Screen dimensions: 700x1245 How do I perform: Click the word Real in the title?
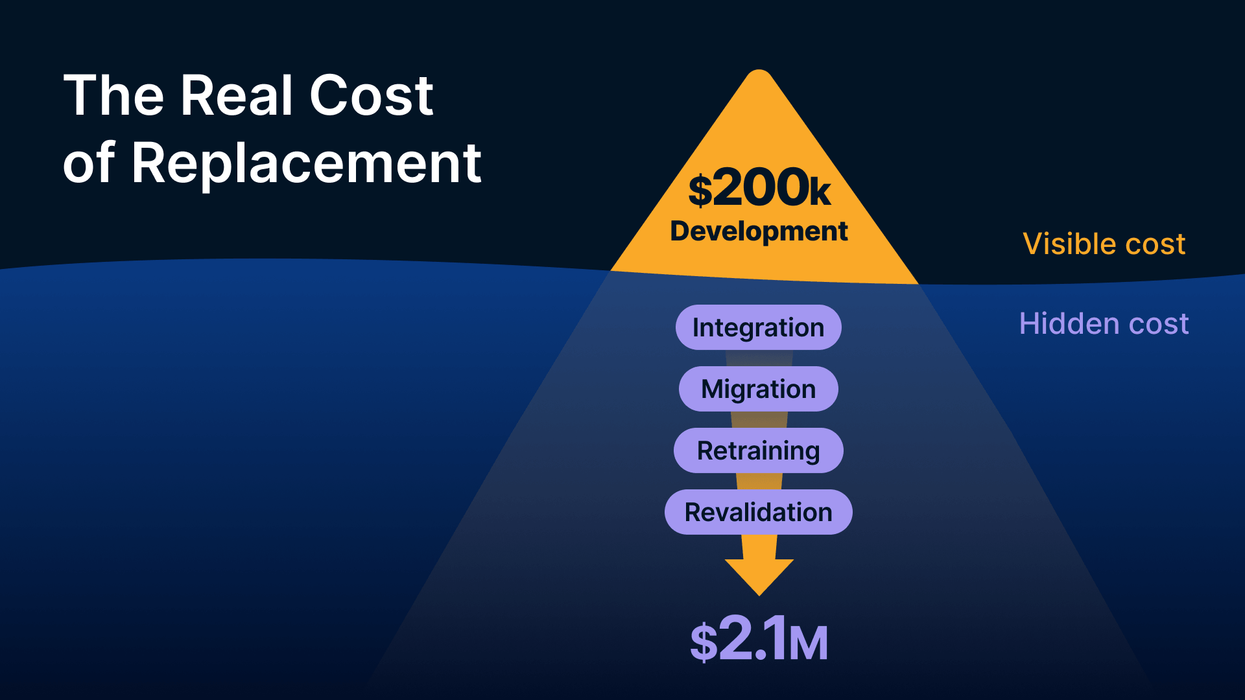coord(237,96)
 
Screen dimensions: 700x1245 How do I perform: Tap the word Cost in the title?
coord(371,96)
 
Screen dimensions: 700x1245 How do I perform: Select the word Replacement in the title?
coord(306,163)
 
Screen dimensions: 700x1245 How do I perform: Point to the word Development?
coord(759,231)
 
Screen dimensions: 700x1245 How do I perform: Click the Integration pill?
coord(758,327)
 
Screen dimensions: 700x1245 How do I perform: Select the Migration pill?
coord(758,389)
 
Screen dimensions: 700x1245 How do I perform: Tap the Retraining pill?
coord(758,450)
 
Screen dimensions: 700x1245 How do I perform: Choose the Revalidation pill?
coord(758,512)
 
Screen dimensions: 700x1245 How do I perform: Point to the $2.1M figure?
coord(759,639)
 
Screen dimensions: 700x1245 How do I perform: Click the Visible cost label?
coord(1104,244)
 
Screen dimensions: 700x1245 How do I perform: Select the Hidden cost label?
coord(1104,323)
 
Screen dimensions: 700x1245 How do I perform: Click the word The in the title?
coord(114,96)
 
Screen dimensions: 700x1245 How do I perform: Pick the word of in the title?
coord(88,163)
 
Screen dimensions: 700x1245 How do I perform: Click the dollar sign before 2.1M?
coord(704,642)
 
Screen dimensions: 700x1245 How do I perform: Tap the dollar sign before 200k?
coord(700,191)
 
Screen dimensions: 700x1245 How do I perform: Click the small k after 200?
coord(820,192)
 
